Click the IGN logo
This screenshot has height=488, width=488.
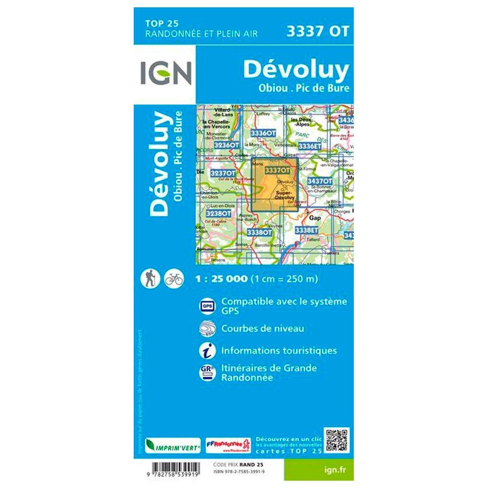166,73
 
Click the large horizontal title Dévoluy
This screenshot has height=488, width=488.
296,70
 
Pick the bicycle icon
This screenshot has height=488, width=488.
174,279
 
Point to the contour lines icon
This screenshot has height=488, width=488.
207,329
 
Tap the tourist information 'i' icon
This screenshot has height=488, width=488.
206,351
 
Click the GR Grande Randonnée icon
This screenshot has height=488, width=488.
206,373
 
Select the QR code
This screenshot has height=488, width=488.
337,440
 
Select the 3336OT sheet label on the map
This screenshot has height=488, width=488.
263,133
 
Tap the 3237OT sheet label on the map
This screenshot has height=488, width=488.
223,173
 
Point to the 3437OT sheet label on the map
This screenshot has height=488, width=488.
320,181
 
